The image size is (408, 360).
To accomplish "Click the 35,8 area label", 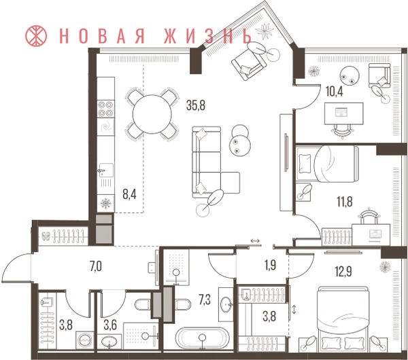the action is tap(196, 105).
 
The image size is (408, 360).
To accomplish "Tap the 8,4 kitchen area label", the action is tap(129, 194).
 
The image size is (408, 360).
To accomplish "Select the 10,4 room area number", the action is tap(335, 92).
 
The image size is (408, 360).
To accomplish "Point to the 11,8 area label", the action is tap(345, 202).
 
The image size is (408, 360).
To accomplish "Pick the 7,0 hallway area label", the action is tap(96, 267).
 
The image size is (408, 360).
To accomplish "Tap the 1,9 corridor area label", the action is tap(271, 266).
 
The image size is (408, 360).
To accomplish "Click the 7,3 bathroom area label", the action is tap(205, 300).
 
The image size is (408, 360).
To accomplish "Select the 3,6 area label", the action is tap(110, 325).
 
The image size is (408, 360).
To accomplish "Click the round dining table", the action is tap(152, 114).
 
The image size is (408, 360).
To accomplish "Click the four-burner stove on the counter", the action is tap(106, 109).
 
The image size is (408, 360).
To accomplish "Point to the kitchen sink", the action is tap(106, 170).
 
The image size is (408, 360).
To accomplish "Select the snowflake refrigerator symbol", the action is tap(105, 203).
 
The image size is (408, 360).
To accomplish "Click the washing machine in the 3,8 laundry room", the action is tap(85, 340).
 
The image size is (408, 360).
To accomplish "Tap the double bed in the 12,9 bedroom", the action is tap(343, 318).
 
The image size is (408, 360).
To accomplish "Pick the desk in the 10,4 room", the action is tap(343, 113).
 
